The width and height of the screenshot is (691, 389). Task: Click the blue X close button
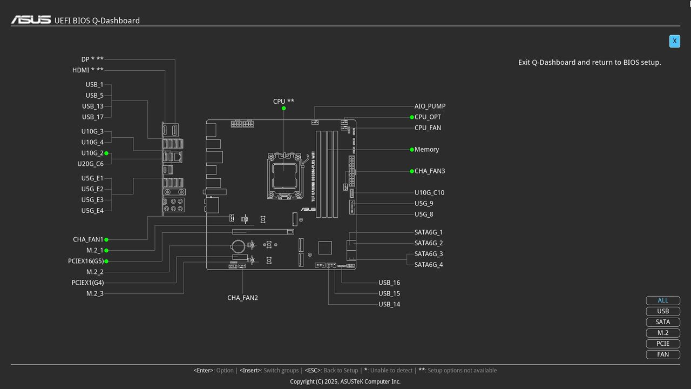coord(674,41)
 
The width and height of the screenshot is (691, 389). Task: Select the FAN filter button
coord(663,354)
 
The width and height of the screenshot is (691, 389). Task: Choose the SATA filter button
coord(663,322)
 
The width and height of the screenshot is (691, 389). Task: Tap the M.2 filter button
coord(663,333)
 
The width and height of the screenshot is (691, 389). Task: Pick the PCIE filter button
coord(663,344)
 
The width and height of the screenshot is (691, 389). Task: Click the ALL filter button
coord(663,300)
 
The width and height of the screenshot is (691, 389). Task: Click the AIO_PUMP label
coord(430,106)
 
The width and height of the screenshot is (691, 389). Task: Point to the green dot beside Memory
coord(412,150)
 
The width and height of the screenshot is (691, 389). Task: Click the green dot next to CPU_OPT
coord(412,117)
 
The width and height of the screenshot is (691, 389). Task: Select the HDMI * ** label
coord(87,70)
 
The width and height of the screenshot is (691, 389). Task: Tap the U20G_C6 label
coord(90,164)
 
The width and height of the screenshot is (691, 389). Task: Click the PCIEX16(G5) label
coord(85,261)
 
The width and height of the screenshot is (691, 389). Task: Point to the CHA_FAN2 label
coord(242,298)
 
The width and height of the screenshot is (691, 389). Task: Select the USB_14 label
coord(389,304)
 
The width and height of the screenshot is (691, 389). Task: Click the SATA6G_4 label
coord(429,265)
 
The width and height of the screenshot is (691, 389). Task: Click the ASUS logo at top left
coord(31,20)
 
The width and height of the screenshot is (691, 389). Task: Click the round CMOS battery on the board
coord(239,247)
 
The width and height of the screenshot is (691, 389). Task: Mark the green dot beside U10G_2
coord(106,153)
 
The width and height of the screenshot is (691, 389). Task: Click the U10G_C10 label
coord(429,193)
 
